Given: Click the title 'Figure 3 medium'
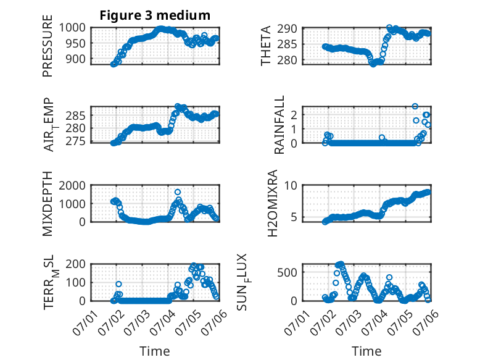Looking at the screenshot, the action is pos(155,15).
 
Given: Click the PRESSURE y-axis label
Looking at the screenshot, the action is pos(48,46).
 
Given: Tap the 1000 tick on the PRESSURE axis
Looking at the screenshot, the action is pos(72,28).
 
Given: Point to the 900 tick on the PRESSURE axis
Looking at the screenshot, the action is pos(76,59).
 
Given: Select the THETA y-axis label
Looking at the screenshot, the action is pos(266,46).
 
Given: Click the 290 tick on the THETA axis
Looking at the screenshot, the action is pos(288,29).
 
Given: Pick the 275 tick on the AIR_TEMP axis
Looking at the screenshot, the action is pos(76,141).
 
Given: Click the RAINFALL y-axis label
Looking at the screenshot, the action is pos(279,124).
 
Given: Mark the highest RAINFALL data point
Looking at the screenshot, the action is pos(415,106).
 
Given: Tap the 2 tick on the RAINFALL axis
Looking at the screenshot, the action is pos(294,115).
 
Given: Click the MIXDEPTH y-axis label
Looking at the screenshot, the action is pos(48,203).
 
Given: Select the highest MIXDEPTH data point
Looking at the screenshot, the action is pos(178,192).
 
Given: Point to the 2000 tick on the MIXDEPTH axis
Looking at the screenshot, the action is pos(72,185).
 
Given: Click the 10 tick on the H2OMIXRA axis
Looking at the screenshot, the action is pos(291,185).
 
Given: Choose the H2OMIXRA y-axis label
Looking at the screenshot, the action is pos(272,203).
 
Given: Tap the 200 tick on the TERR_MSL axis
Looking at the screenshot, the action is pos(76,264).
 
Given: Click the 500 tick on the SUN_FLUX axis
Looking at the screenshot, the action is pos(288,272).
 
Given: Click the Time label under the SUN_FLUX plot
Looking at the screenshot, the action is pos(366,351).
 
